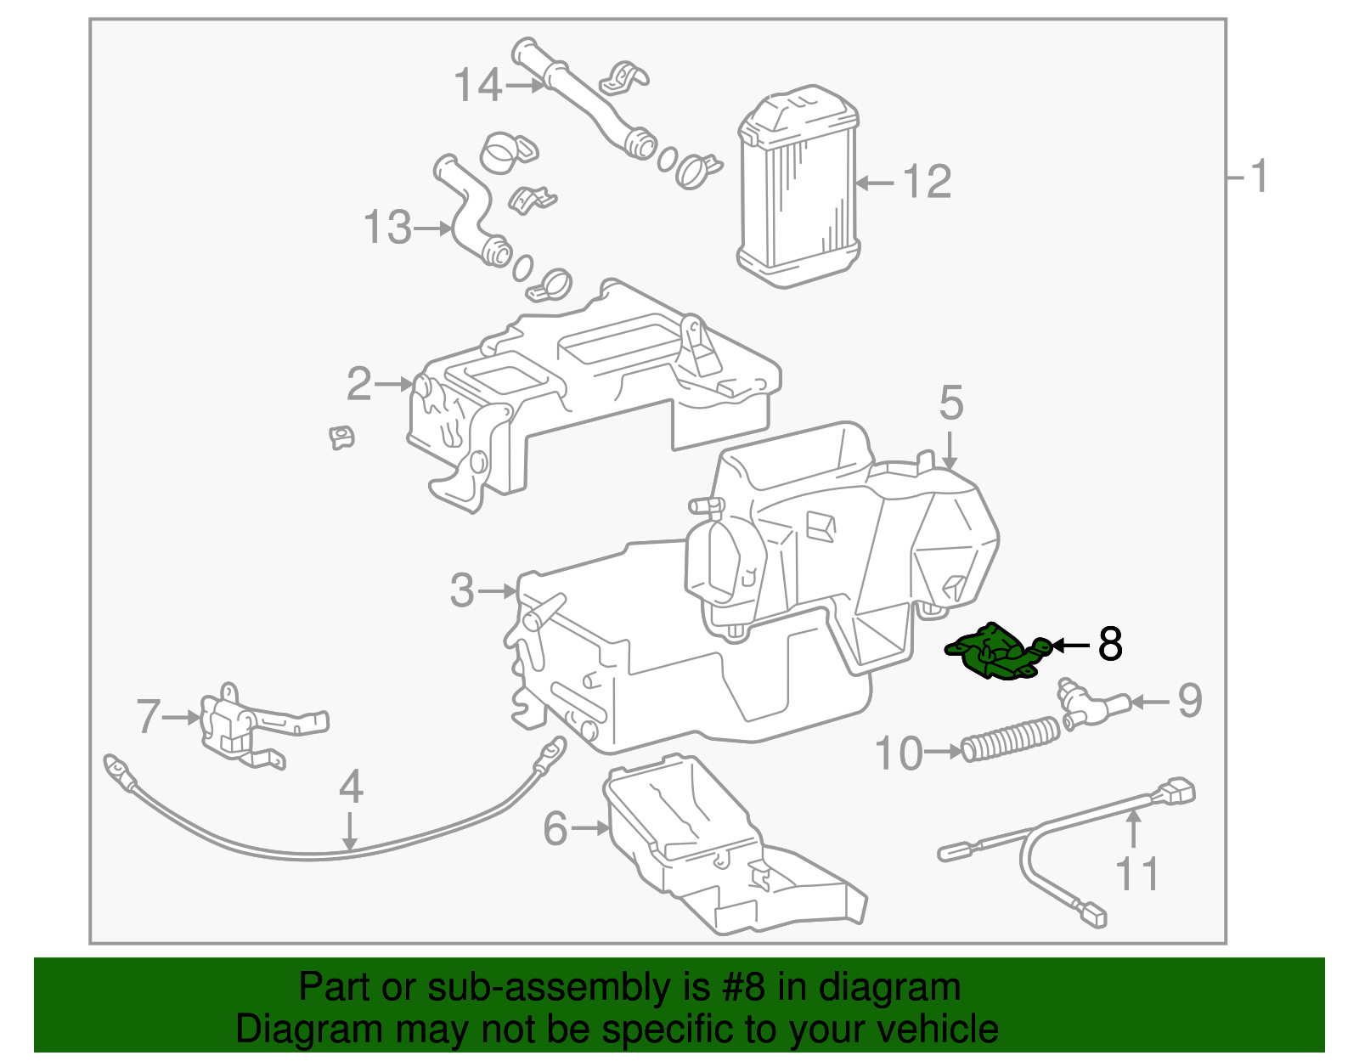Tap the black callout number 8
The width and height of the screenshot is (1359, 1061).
pos(1109,645)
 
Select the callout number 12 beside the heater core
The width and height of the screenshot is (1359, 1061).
pos(926,182)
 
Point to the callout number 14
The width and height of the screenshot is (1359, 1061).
pos(478,86)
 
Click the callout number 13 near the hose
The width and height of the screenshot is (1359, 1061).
pos(387,228)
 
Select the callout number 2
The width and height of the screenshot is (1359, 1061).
pos(358,384)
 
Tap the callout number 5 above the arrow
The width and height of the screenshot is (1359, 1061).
pos(950,403)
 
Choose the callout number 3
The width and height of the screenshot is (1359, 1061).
pos(462,590)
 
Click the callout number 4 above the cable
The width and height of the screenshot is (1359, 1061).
pos(351,787)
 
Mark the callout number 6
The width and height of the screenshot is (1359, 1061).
pos(555,828)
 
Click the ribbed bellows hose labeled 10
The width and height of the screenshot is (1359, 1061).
pos(1011,739)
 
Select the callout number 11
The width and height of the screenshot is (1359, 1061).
pos(1136,874)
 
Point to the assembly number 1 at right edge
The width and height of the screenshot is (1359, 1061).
pos(1259,177)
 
